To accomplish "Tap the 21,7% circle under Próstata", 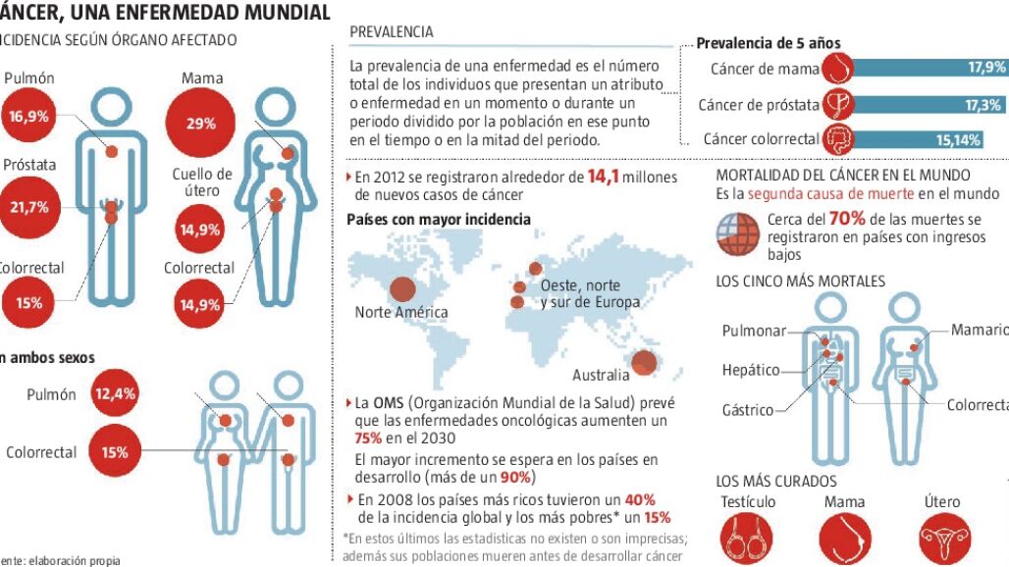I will (27, 208).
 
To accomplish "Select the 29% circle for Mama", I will (201, 124).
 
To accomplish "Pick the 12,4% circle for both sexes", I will (115, 394).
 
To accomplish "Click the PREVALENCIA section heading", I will (391, 32).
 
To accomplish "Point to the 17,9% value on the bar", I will (985, 68).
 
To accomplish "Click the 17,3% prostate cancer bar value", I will (982, 105).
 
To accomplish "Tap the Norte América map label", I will (401, 313).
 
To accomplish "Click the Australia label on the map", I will (601, 375).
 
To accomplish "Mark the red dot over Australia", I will (643, 363).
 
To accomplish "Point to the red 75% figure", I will (368, 438).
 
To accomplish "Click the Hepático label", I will (751, 371).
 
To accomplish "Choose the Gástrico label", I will (747, 410).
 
